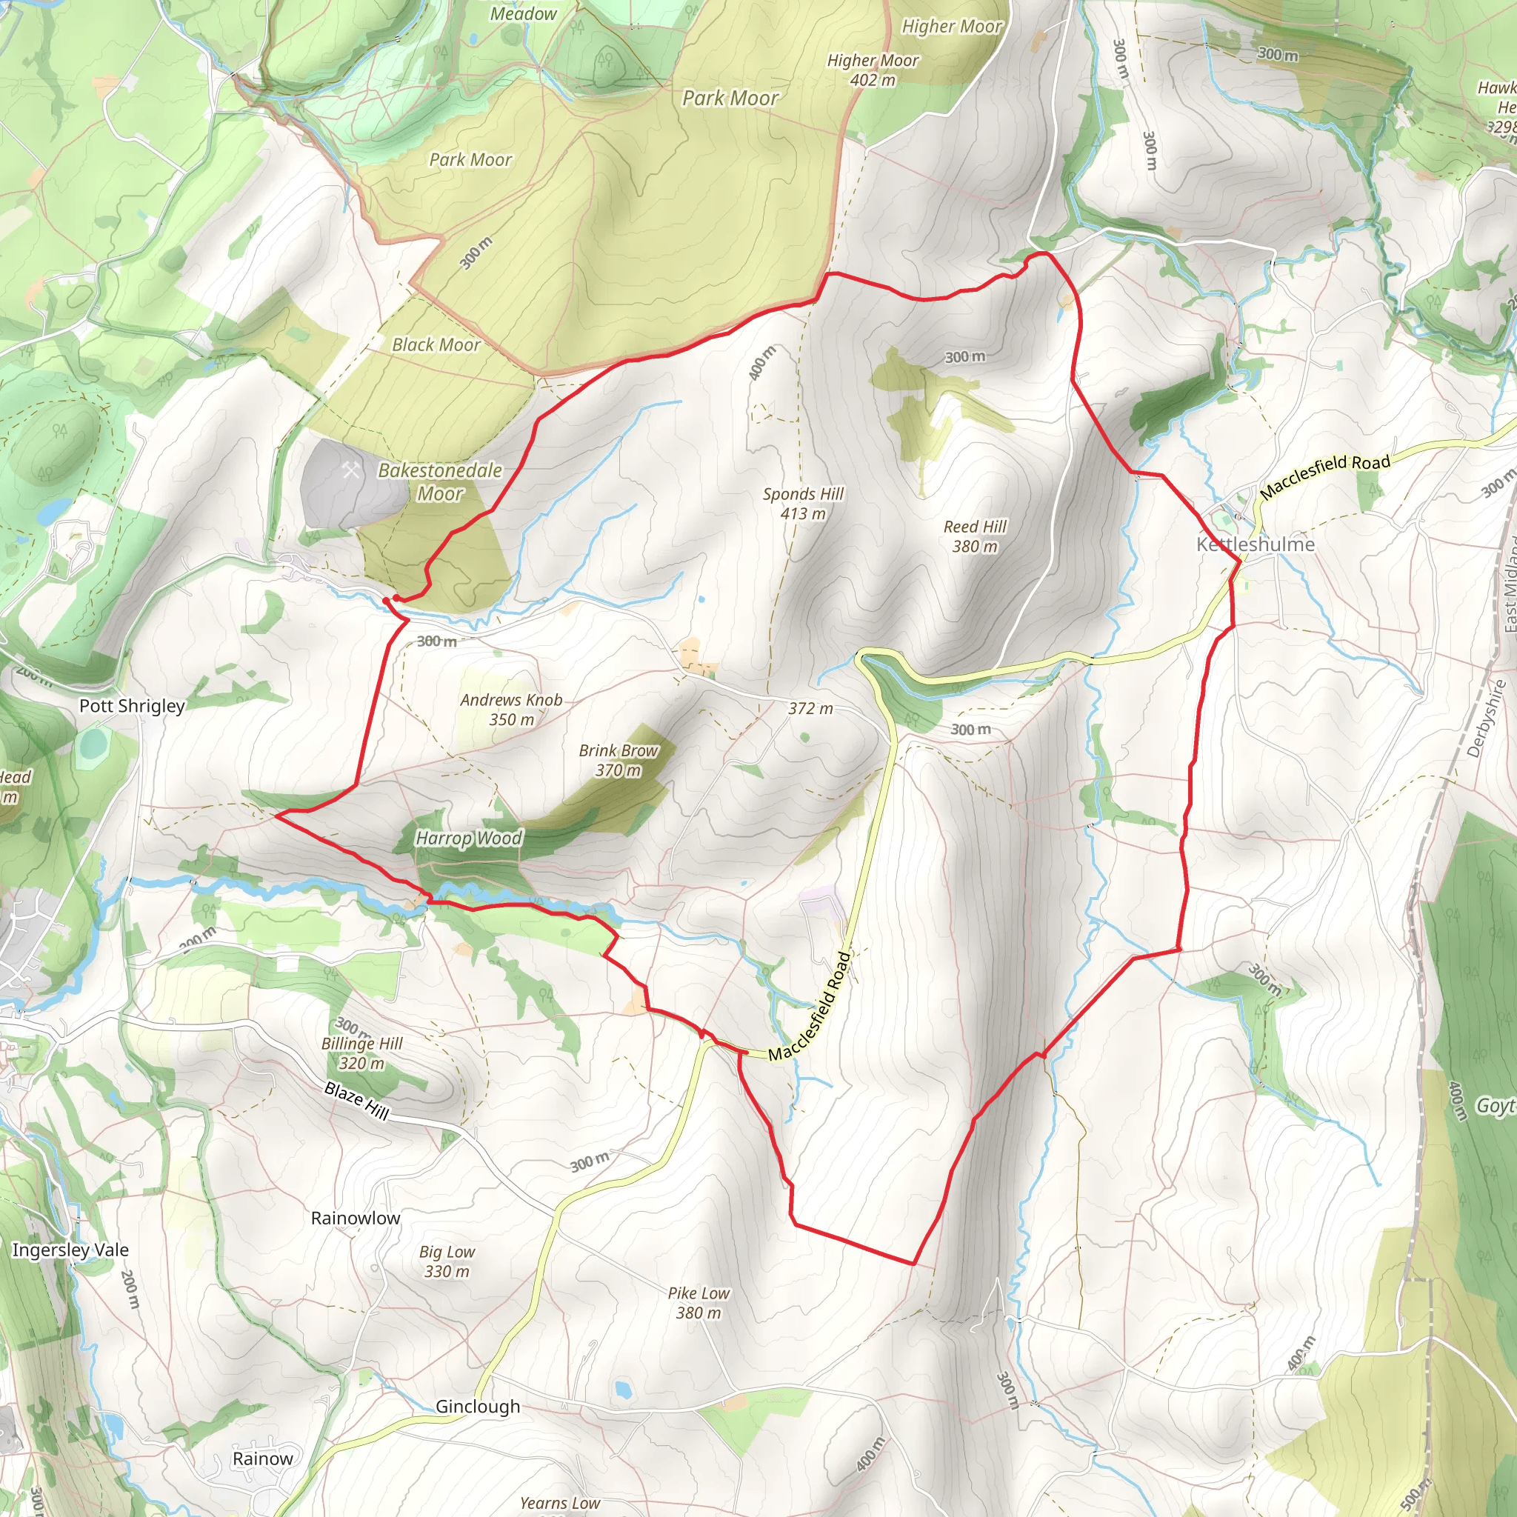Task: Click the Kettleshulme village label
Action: click(x=1255, y=544)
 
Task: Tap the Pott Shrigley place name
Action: click(x=132, y=706)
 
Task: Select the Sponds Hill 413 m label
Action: click(x=802, y=503)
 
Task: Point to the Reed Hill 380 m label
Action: click(x=975, y=536)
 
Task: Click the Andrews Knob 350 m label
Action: click(x=511, y=709)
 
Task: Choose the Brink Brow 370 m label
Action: click(x=619, y=760)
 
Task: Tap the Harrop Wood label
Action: click(x=469, y=838)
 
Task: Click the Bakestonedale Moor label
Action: click(x=440, y=481)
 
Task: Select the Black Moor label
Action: click(x=436, y=344)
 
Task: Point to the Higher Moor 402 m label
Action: click(x=873, y=70)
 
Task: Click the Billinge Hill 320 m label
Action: click(x=361, y=1053)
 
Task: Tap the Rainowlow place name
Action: click(x=355, y=1218)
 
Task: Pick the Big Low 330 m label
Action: click(x=447, y=1261)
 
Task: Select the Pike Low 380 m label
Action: click(x=698, y=1303)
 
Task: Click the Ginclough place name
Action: click(x=478, y=1407)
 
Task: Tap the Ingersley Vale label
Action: click(x=70, y=1250)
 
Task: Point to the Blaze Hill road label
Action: click(x=356, y=1101)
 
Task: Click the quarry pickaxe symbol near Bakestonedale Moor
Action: click(x=350, y=470)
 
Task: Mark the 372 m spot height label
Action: click(x=810, y=708)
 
